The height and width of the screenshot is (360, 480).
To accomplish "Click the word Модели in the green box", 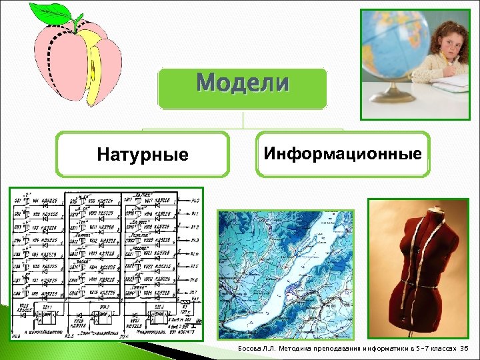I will click(243, 84).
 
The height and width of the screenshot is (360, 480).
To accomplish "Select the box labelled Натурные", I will click(142, 155).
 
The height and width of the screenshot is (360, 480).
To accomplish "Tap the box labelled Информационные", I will click(343, 154).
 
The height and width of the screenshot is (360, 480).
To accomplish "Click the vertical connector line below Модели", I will click(243, 119).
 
